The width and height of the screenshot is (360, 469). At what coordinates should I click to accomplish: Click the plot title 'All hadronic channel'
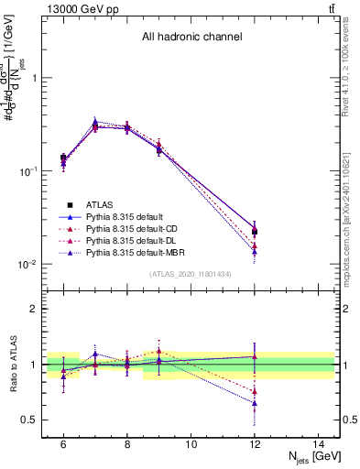(191, 38)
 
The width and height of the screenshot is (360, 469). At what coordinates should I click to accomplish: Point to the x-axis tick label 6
(63, 444)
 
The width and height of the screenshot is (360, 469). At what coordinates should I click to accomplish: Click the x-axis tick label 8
(127, 444)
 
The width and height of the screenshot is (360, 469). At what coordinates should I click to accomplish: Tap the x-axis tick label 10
(191, 444)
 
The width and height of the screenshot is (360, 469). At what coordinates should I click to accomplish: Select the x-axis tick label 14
(319, 444)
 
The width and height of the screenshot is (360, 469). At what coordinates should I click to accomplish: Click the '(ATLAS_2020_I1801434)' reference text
(191, 275)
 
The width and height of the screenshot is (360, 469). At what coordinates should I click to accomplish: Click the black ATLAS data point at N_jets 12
(255, 232)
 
